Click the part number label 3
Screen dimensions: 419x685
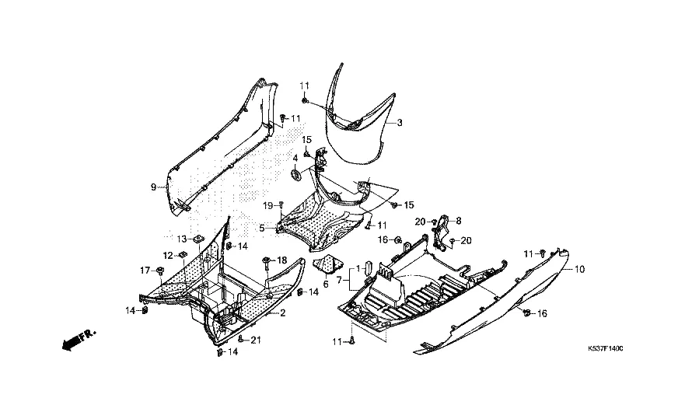coord(400,124)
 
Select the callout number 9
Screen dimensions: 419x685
coord(153,187)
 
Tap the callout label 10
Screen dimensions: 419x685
coord(579,269)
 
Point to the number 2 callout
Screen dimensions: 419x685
coord(282,313)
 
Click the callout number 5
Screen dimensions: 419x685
coord(262,228)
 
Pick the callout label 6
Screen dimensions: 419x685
coord(326,284)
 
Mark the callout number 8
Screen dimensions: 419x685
coord(459,220)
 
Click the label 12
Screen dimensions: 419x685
coord(168,255)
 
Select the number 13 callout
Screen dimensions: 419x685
coord(181,239)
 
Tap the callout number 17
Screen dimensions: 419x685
coord(145,271)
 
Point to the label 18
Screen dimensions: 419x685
coord(282,260)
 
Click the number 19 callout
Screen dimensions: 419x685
coord(267,205)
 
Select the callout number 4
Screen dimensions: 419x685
coord(295,159)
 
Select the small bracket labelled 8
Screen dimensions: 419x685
coord(443,230)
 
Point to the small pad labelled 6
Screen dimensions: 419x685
coord(329,264)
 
